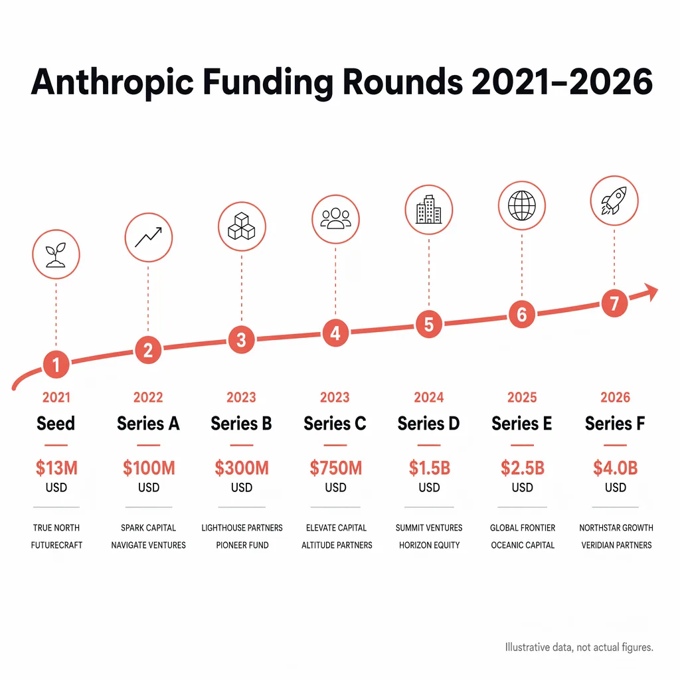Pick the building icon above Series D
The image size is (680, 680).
coord(428,211)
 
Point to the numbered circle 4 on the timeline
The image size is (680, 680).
coord(335,333)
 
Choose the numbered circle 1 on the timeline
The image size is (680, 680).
coord(56,365)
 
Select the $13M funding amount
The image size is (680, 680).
coord(56,467)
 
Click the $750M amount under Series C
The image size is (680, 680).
coord(335,467)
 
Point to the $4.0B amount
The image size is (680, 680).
coord(615,467)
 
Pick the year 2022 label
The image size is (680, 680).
coord(148,397)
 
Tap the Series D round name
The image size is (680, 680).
coord(428,424)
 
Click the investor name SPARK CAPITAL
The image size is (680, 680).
coord(148,528)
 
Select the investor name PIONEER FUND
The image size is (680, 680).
coord(242,545)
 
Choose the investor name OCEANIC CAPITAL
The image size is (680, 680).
coord(523,545)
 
